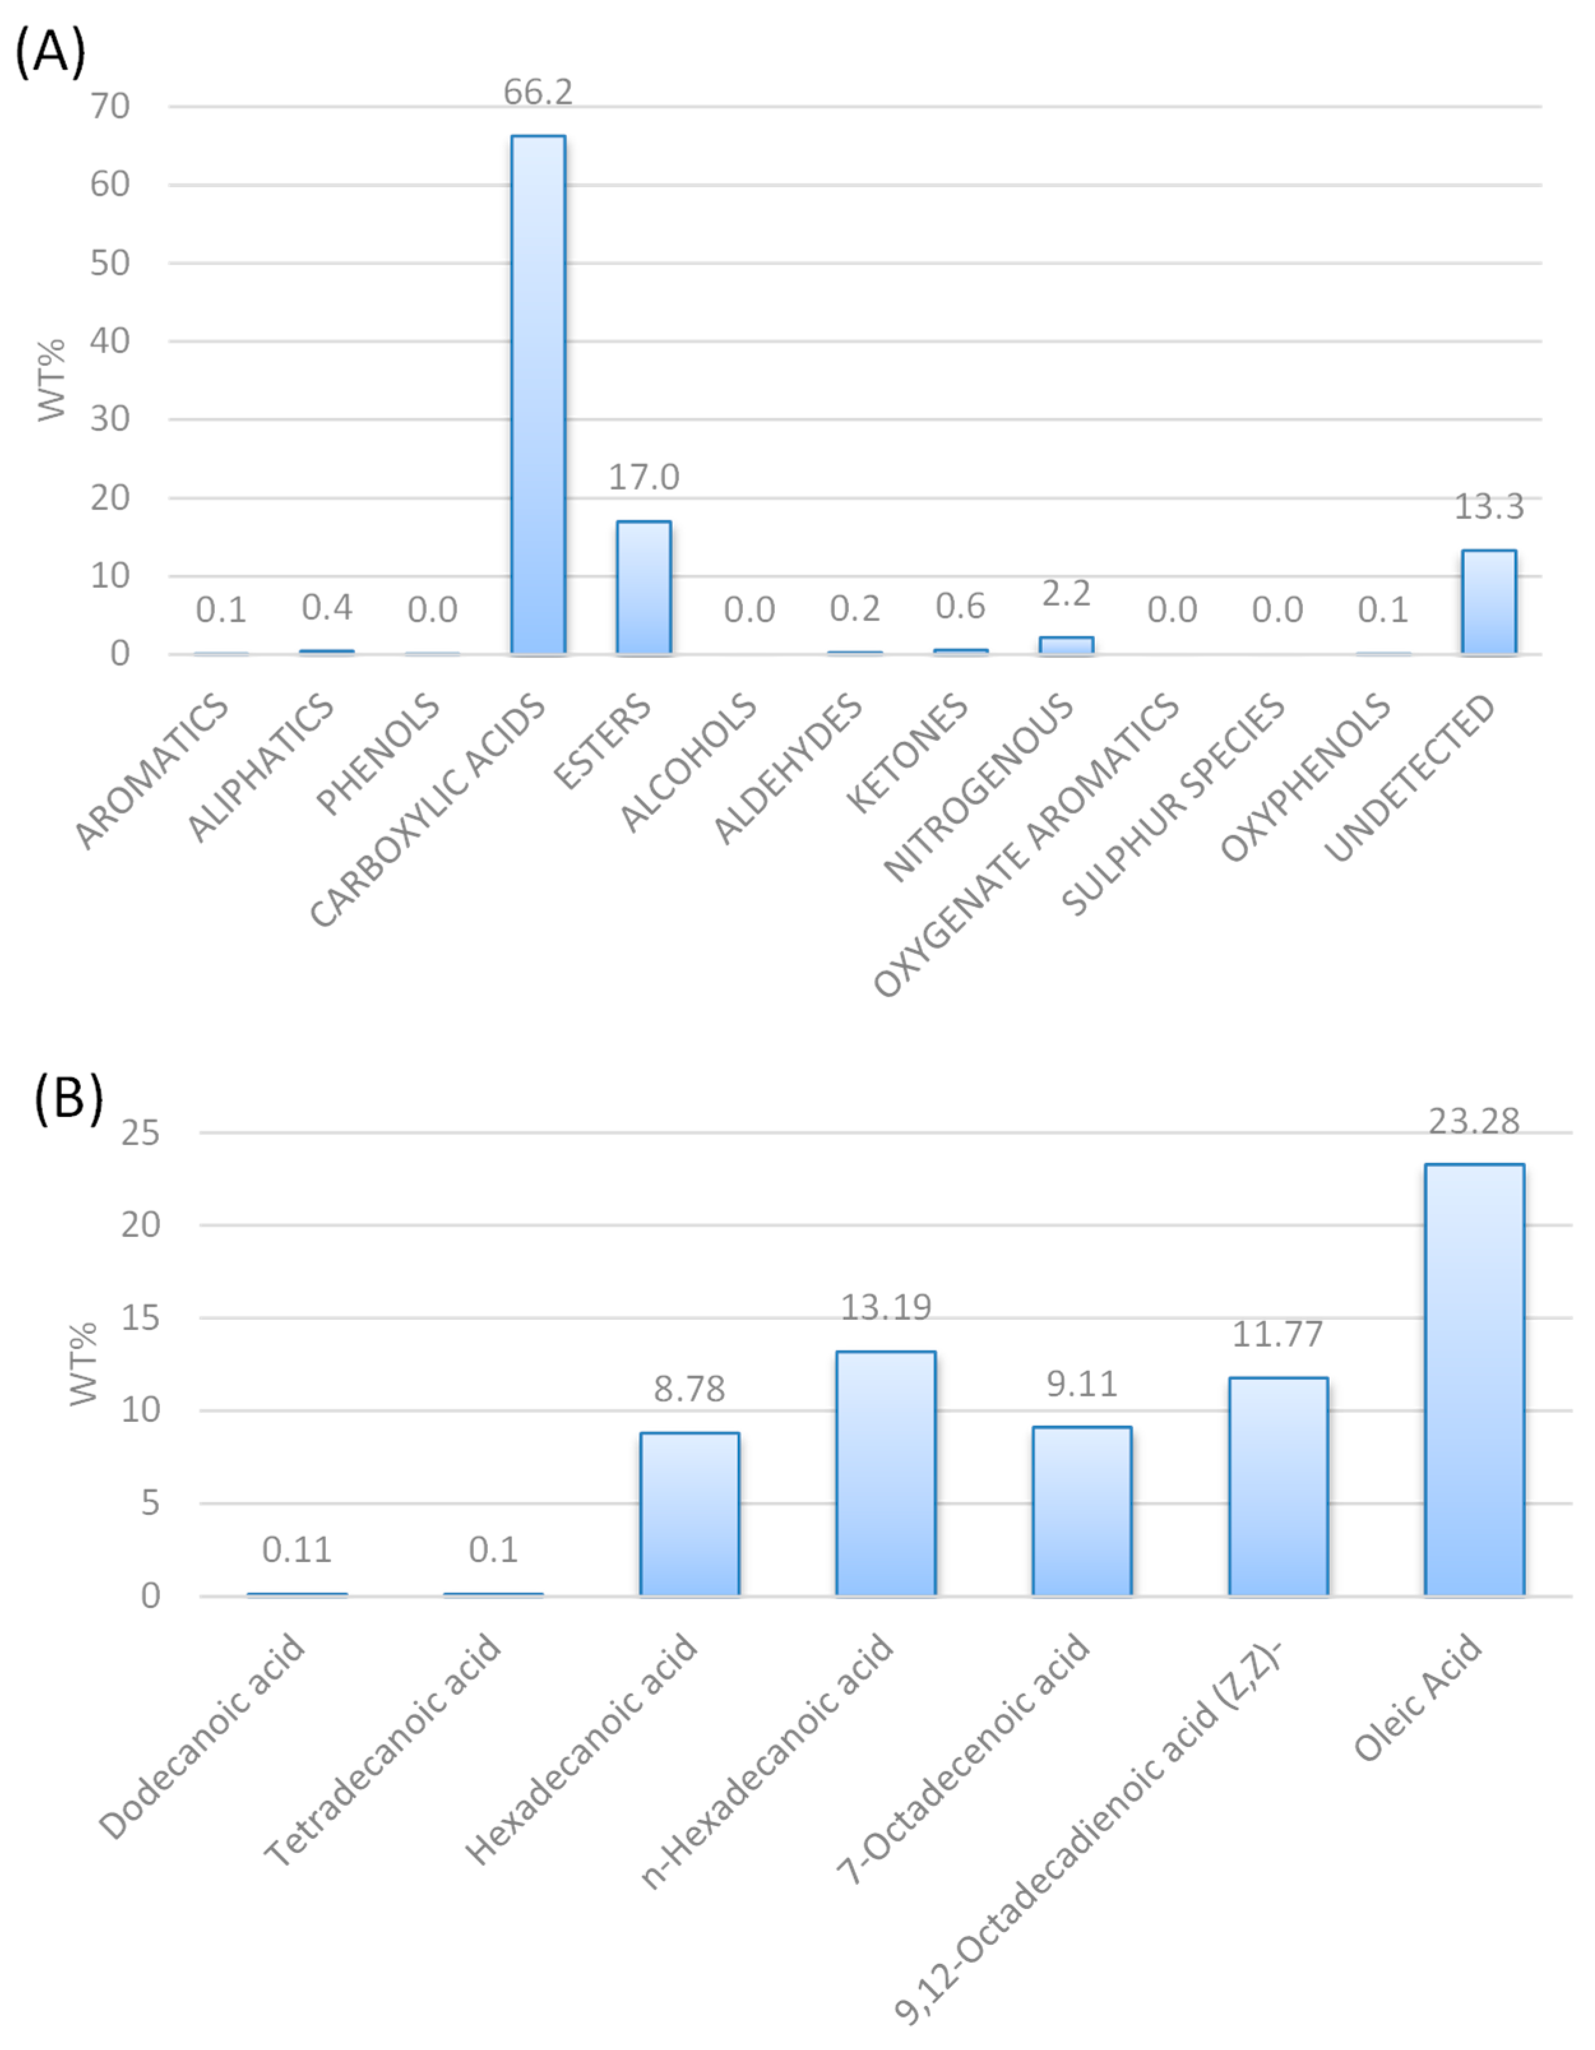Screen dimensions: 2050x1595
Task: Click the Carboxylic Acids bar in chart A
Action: (x=538, y=394)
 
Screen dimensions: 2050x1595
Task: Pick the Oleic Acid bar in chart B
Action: (x=1474, y=1380)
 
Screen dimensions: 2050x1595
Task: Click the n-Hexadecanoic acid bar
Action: (x=885, y=1474)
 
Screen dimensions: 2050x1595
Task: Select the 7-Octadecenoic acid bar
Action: (x=1082, y=1511)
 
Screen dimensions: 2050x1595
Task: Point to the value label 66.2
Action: (x=538, y=92)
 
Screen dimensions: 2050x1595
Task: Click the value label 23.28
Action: (x=1474, y=1121)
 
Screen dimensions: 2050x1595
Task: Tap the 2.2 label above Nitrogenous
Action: (x=1066, y=593)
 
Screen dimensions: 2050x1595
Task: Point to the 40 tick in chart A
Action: (x=110, y=340)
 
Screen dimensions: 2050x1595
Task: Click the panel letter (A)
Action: (x=50, y=50)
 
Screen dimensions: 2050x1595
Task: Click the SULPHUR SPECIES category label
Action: (x=1173, y=803)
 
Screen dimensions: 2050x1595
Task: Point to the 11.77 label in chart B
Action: (x=1277, y=1334)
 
